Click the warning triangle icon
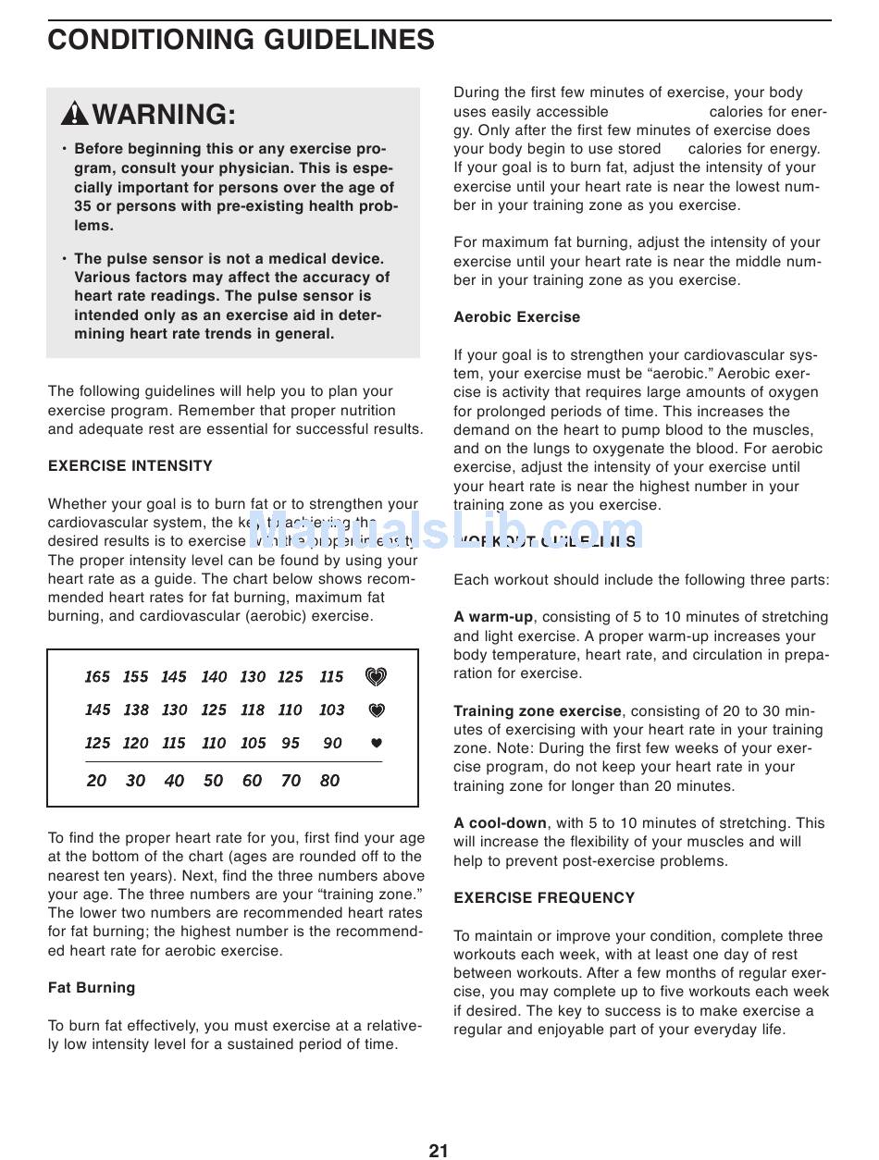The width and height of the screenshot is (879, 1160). click(75, 114)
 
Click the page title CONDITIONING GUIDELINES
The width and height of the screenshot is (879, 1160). click(241, 40)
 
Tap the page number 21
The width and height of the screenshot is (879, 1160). click(439, 1150)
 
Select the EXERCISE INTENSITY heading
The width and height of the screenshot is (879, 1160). click(130, 466)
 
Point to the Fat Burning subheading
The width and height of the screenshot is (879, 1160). click(92, 988)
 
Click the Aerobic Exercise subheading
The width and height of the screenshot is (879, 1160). click(516, 317)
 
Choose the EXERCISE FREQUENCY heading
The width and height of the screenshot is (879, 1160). click(544, 898)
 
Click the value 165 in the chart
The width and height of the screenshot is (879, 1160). click(97, 677)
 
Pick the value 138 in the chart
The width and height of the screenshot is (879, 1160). click(136, 710)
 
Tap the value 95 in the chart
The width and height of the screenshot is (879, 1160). click(291, 744)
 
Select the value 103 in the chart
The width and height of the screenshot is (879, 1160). click(331, 710)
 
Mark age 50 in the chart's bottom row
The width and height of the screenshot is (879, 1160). click(213, 781)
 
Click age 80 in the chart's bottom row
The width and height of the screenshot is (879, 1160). click(329, 781)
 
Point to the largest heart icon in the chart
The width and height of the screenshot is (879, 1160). click(376, 677)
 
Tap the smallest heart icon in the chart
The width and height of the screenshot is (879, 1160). click(376, 743)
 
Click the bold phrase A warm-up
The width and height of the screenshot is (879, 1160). click(493, 617)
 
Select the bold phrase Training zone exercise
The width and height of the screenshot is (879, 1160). click(538, 711)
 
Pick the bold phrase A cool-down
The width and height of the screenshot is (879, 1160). click(500, 823)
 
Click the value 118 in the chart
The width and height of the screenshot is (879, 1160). click(252, 710)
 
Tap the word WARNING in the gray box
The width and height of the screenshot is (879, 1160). click(164, 115)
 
